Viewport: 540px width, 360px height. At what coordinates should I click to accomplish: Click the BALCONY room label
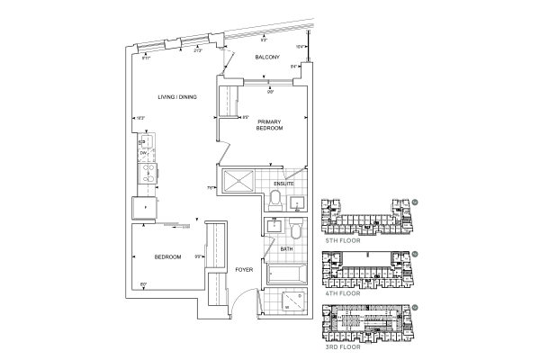(266, 58)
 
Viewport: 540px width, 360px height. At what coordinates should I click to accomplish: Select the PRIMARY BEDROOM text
(270, 125)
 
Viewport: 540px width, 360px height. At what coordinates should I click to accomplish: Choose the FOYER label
(244, 269)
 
